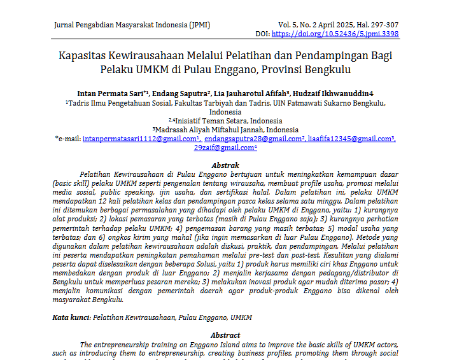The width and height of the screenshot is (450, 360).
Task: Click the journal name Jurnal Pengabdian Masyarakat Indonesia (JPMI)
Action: tap(132, 25)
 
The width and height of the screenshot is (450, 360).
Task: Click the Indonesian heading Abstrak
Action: tap(225, 165)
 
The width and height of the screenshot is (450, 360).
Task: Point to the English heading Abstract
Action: tap(225, 335)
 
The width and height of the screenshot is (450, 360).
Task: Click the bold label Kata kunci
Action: tap(71, 317)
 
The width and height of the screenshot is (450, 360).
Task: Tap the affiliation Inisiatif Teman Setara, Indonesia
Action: tap(227, 120)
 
